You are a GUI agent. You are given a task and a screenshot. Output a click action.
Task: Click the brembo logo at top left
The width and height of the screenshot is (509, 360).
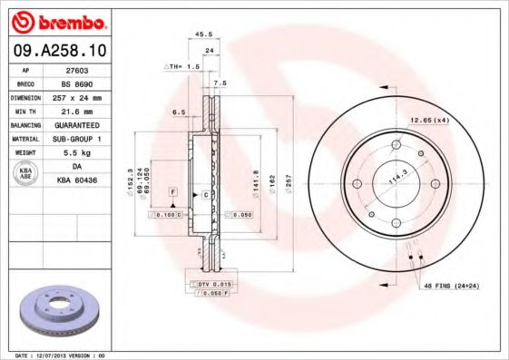coord(58,19)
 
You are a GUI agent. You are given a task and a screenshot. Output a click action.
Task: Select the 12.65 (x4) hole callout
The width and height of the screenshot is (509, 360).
coord(429,120)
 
